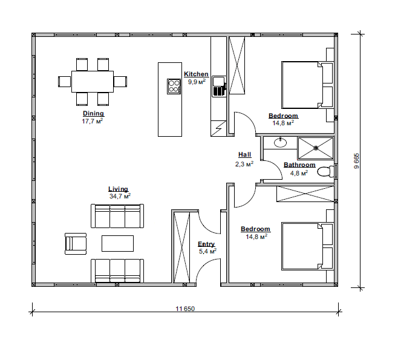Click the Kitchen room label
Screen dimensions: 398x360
tap(196, 74)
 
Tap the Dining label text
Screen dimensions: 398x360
tap(93, 114)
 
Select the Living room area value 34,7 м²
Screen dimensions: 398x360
tap(120, 196)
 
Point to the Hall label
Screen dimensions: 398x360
tap(245, 155)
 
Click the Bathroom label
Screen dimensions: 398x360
tap(299, 165)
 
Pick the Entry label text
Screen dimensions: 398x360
tap(206, 244)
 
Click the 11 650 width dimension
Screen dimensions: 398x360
tap(185, 309)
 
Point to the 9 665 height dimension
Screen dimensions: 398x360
tap(357, 161)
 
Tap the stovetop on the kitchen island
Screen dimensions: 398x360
tap(174, 87)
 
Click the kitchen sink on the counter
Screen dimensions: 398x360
tap(219, 87)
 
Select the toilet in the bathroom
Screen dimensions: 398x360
tap(326, 171)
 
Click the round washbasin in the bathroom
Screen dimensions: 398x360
tap(281, 143)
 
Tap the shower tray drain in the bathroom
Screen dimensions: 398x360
tap(316, 147)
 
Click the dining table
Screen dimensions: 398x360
tap(93, 82)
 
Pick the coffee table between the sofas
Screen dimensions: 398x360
tap(117, 243)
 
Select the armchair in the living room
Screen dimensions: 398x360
tap(76, 244)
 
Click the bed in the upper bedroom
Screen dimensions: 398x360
tap(307, 85)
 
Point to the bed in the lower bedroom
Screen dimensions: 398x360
tap(307, 246)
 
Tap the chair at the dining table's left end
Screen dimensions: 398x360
tap(65, 82)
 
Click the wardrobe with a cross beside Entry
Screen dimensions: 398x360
tap(182, 247)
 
